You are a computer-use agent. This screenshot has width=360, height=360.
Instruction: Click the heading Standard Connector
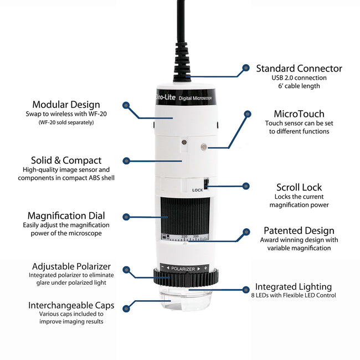pyautogui.click(x=299, y=69)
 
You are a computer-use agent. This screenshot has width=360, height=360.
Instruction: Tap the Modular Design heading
pyautogui.click(x=66, y=104)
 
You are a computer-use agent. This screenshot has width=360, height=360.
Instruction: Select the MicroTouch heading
pyautogui.click(x=299, y=114)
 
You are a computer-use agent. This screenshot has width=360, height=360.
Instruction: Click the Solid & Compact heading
pyautogui.click(x=66, y=161)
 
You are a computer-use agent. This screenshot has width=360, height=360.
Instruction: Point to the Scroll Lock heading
pyautogui.click(x=299, y=187)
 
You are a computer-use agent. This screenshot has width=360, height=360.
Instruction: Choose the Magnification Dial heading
pyautogui.click(x=66, y=215)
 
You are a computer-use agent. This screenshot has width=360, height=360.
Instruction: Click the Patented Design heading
pyautogui.click(x=299, y=230)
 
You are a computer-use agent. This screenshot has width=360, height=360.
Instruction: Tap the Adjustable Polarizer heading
pyautogui.click(x=71, y=266)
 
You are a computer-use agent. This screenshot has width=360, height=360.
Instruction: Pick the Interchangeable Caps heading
pyautogui.click(x=71, y=305)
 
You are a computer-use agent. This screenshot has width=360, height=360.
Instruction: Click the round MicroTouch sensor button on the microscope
pyautogui.click(x=204, y=147)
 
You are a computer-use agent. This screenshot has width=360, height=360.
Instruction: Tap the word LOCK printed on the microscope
pyautogui.click(x=198, y=190)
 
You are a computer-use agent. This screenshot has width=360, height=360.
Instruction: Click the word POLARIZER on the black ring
pyautogui.click(x=183, y=269)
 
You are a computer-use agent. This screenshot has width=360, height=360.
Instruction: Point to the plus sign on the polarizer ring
pyautogui.click(x=205, y=269)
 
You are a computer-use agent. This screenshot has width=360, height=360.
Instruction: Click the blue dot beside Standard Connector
pyautogui.click(x=245, y=69)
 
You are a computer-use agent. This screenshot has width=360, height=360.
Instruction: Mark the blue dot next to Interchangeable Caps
pyautogui.click(x=126, y=307)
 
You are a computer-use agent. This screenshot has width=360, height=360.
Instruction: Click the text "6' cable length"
pyautogui.click(x=299, y=86)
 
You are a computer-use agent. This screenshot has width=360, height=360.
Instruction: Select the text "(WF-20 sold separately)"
pyautogui.click(x=66, y=122)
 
